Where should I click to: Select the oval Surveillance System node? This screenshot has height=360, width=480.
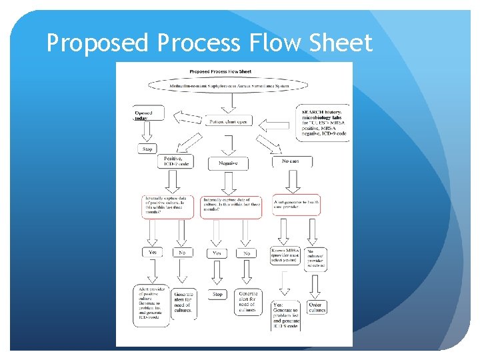pyautogui.click(x=229, y=85)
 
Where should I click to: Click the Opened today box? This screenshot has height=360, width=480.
pyautogui.click(x=147, y=115)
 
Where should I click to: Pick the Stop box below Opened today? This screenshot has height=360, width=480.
pyautogui.click(x=147, y=149)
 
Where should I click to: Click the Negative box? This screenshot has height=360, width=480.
pyautogui.click(x=228, y=163)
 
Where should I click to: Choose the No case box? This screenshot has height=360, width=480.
pyautogui.click(x=292, y=161)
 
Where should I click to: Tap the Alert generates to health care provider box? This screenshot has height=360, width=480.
pyautogui.click(x=296, y=205)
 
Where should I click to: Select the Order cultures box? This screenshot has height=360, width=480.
pyautogui.click(x=317, y=307)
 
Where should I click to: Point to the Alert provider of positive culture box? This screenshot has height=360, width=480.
pyautogui.click(x=152, y=302)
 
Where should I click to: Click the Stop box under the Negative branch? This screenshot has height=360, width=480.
pyautogui.click(x=217, y=294)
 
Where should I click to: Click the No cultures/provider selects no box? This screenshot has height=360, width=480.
pyautogui.click(x=316, y=257)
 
